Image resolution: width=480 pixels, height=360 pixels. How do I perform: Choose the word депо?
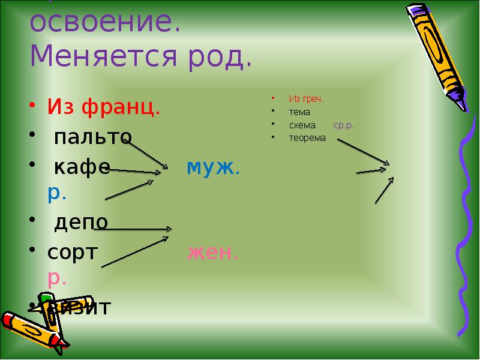(82, 222)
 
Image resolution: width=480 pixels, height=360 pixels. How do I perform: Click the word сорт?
(73, 252)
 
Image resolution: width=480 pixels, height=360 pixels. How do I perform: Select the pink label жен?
(213, 252)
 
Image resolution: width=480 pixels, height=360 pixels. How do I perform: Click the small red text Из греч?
(306, 98)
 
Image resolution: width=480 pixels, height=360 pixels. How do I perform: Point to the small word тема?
(299, 112)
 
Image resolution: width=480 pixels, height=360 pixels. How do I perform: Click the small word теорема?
(307, 138)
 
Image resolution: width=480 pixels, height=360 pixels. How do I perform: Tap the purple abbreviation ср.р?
(344, 125)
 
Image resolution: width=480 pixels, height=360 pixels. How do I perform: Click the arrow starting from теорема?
(363, 151)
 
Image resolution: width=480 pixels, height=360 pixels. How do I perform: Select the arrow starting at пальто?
(147, 153)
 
